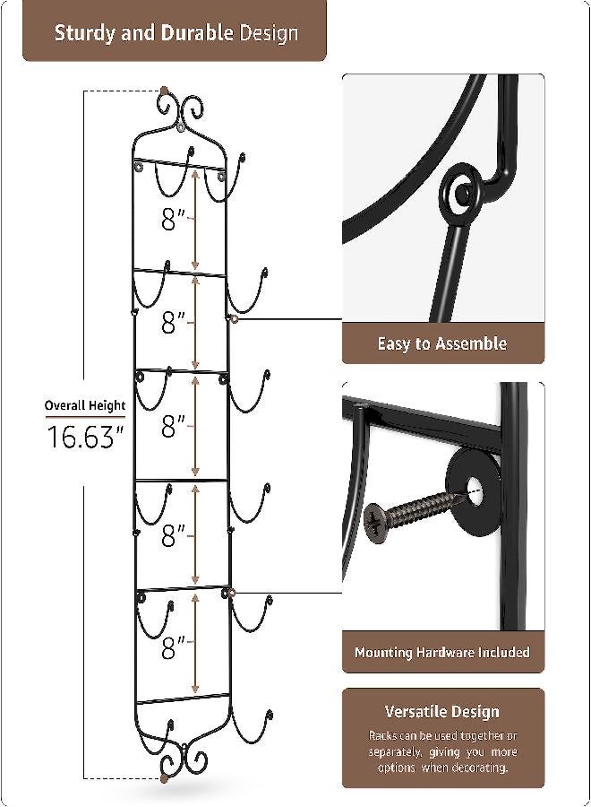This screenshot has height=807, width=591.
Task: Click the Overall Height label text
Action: click(x=85, y=405)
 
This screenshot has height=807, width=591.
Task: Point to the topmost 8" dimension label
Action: click(x=173, y=218)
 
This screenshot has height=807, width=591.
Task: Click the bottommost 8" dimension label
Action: click(x=173, y=646)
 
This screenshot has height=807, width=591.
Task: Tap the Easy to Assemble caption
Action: click(x=442, y=343)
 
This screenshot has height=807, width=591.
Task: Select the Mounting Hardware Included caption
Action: click(x=442, y=652)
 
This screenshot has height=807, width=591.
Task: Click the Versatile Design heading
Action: click(x=442, y=711)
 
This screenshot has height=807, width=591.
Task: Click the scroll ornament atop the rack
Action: click(x=182, y=111)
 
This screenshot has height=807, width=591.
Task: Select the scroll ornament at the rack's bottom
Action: click(x=182, y=759)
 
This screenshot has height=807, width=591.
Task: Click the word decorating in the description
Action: click(x=483, y=768)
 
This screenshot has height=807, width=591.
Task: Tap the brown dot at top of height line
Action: click(x=163, y=91)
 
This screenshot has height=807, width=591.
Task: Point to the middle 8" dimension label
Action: click(x=173, y=427)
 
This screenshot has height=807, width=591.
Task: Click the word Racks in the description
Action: click(x=387, y=735)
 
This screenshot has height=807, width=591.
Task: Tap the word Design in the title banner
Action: click(x=269, y=34)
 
